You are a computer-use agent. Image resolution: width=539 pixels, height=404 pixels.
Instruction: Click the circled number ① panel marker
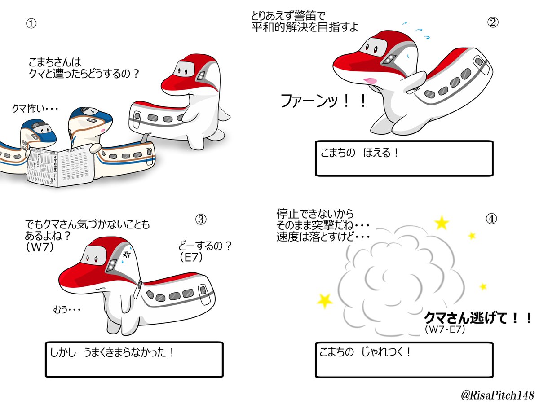click(31, 24)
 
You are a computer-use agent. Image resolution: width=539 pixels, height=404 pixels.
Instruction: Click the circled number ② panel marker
click(493, 24)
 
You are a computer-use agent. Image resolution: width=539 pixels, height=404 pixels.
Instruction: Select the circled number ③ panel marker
click(200, 219)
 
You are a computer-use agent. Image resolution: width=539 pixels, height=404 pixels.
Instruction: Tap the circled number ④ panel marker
click(491, 219)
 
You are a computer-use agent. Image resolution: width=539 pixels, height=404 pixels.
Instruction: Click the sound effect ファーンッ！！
click(323, 101)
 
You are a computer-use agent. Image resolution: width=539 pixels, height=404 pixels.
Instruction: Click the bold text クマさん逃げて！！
click(478, 319)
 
